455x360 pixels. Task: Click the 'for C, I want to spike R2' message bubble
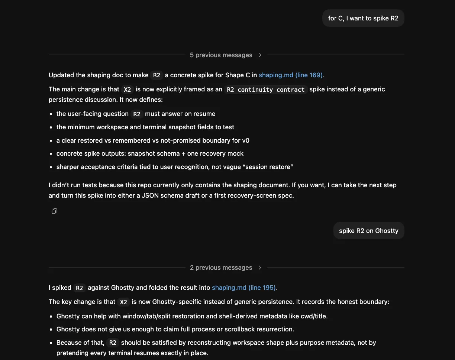tap(363, 18)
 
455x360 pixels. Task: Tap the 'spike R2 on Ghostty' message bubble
tap(368, 231)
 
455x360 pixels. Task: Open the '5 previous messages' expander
tap(221, 55)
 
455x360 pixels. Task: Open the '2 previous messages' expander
tap(221, 267)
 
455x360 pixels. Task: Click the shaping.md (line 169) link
tap(290, 75)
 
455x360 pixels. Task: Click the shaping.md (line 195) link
tap(243, 288)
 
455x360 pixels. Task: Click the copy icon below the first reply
tap(54, 211)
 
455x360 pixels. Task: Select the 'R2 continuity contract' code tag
tap(266, 90)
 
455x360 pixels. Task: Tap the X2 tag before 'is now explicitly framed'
tap(128, 90)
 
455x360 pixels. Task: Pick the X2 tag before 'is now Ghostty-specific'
tap(124, 302)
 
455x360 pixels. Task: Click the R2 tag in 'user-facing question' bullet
tap(137, 114)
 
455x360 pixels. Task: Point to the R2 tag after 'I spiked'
tap(80, 288)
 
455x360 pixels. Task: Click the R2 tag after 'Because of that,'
tap(113, 343)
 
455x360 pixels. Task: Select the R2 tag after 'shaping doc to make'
tap(157, 75)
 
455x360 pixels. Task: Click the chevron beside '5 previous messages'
tap(260, 55)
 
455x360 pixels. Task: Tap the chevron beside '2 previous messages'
tap(260, 267)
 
